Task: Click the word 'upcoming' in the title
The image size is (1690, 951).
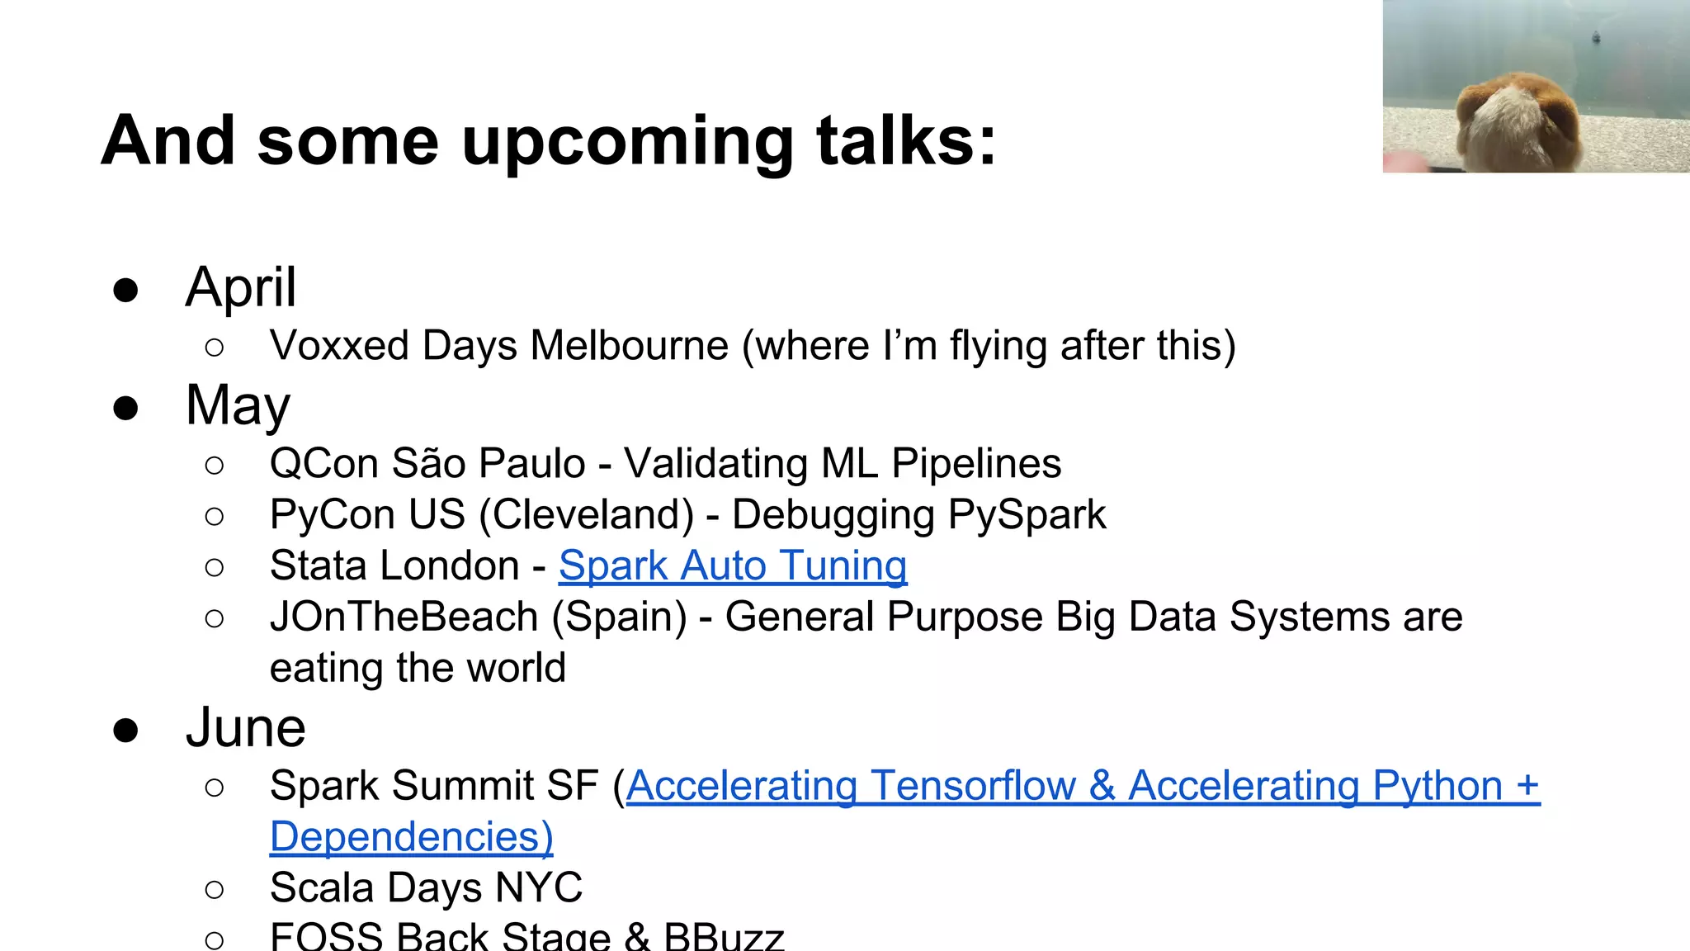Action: (627, 142)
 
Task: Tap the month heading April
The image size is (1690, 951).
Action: (240, 288)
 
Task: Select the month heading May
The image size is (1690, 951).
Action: (238, 406)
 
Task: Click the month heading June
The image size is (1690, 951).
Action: (245, 728)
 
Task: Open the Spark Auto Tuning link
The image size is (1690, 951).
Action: (733, 566)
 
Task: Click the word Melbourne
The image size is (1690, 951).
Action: (630, 346)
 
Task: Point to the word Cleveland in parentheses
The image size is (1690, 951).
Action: (588, 515)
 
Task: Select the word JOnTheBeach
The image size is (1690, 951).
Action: (404, 617)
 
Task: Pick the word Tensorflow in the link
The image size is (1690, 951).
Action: (974, 786)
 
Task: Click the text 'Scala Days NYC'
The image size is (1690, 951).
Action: (426, 888)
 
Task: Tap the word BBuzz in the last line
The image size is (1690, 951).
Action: (724, 938)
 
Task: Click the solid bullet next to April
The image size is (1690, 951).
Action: (125, 291)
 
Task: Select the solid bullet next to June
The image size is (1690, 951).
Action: (125, 731)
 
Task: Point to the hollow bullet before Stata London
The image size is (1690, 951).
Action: (215, 567)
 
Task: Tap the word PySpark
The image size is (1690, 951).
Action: (1027, 515)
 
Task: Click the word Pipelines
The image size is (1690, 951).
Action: (976, 464)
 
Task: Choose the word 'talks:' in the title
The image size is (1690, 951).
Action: (906, 142)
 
